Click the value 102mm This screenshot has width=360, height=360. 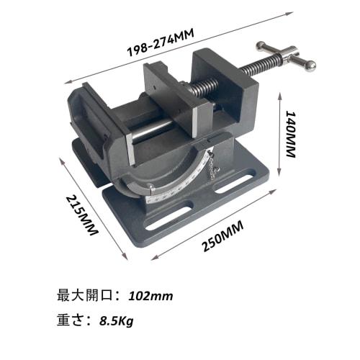point(150,295)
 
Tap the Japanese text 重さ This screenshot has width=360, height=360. point(76,319)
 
